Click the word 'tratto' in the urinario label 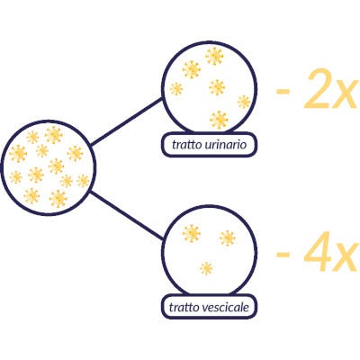[185, 145]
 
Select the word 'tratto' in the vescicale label [184, 307]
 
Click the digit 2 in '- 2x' [316, 89]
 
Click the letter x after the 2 [346, 94]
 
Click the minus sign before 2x [283, 90]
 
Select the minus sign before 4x [283, 255]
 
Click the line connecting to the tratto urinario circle [126, 121]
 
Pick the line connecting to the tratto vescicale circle [127, 215]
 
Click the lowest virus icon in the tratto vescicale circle [206, 268]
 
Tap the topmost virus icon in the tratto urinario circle [214, 56]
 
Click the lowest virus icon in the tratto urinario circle [219, 120]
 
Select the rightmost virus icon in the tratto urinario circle [244, 102]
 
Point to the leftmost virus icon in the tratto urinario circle [176, 89]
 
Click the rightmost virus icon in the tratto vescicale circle [228, 238]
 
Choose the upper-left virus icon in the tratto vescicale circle [192, 234]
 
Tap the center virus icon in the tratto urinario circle [217, 87]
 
